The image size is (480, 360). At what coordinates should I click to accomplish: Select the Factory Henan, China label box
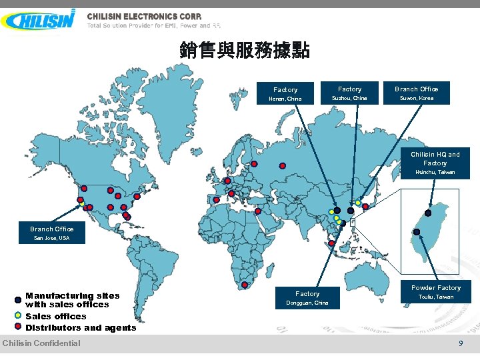tap(285, 94)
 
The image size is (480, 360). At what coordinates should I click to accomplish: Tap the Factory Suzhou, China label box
tap(349, 93)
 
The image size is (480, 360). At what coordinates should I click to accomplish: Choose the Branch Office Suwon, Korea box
tap(416, 93)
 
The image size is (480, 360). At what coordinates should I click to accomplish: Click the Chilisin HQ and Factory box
tap(435, 163)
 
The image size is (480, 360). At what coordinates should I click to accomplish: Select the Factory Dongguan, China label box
tap(307, 297)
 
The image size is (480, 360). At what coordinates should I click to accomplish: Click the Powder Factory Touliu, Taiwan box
tap(435, 292)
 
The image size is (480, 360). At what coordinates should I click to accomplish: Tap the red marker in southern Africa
tap(245, 285)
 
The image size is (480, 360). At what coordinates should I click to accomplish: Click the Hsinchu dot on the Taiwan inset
tap(428, 213)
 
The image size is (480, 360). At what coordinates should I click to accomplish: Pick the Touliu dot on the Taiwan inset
tap(417, 232)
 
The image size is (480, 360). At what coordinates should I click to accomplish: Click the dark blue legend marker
tap(18, 300)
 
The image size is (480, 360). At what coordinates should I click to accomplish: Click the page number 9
tap(460, 343)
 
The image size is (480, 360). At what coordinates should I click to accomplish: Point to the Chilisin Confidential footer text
tap(41, 343)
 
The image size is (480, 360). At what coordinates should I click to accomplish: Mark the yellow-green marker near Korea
tap(358, 202)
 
